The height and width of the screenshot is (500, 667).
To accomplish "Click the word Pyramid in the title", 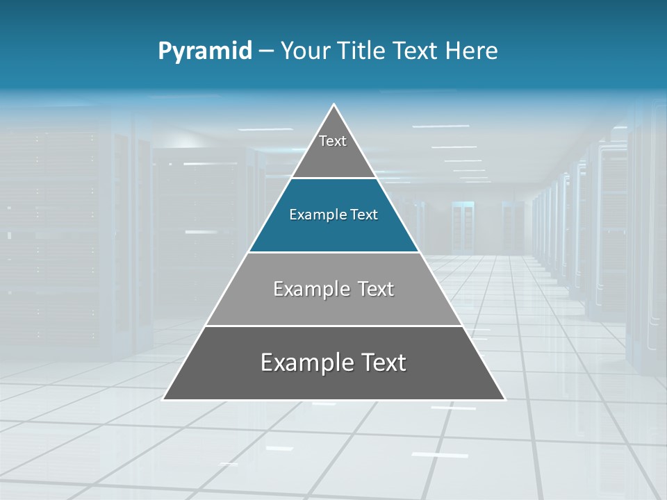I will [205, 51].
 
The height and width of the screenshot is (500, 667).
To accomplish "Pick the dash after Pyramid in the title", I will [266, 51].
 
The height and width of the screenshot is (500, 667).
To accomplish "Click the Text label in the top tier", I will [333, 141].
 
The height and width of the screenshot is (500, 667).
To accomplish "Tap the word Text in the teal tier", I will [364, 215].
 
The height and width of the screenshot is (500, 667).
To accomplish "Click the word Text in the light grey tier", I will [376, 289].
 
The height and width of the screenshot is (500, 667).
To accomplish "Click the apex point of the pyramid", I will [334, 105].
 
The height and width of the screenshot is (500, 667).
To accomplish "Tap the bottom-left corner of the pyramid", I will [163, 399].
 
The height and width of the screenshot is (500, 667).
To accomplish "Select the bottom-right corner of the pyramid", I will [505, 399].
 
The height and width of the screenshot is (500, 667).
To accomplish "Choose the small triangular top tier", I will [333, 160].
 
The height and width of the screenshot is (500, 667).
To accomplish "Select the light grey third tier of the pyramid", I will [333, 309].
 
